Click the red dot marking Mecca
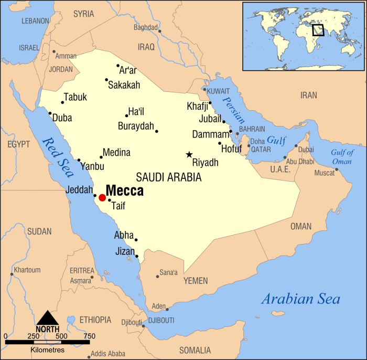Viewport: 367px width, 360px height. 102,197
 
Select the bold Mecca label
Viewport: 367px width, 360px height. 125,190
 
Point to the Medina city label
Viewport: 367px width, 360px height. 116,153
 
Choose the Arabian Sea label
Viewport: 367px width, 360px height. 300,300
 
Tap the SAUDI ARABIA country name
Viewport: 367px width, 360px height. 168,177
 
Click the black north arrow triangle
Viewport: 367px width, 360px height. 48,317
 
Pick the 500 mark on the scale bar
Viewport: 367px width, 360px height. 61,336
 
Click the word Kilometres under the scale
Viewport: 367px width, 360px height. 48,350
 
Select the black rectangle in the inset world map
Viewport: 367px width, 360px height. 318,29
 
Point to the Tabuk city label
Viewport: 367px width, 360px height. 75,98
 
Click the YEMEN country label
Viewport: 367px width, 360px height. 196,281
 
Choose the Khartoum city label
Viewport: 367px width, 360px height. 27,270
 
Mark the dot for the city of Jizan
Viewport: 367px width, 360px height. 137,256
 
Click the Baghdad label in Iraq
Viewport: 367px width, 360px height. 146,27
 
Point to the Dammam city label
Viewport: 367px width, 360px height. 211,134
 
